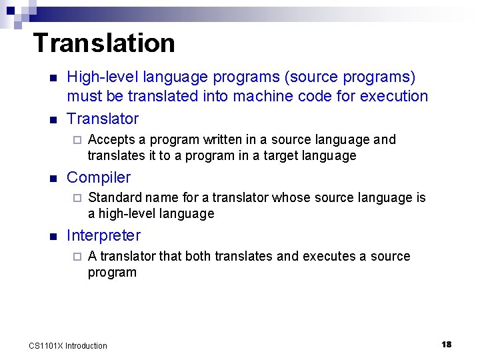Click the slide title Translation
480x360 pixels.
tap(103, 43)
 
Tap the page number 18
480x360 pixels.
tap(446, 344)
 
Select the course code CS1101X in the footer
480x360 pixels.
tap(46, 345)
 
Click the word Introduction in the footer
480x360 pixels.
tap(86, 345)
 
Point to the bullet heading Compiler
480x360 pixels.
tap(99, 177)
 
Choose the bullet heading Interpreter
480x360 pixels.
tap(104, 235)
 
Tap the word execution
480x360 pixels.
tap(394, 96)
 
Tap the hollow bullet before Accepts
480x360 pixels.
tap(76, 140)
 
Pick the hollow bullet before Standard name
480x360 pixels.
tap(76, 198)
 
